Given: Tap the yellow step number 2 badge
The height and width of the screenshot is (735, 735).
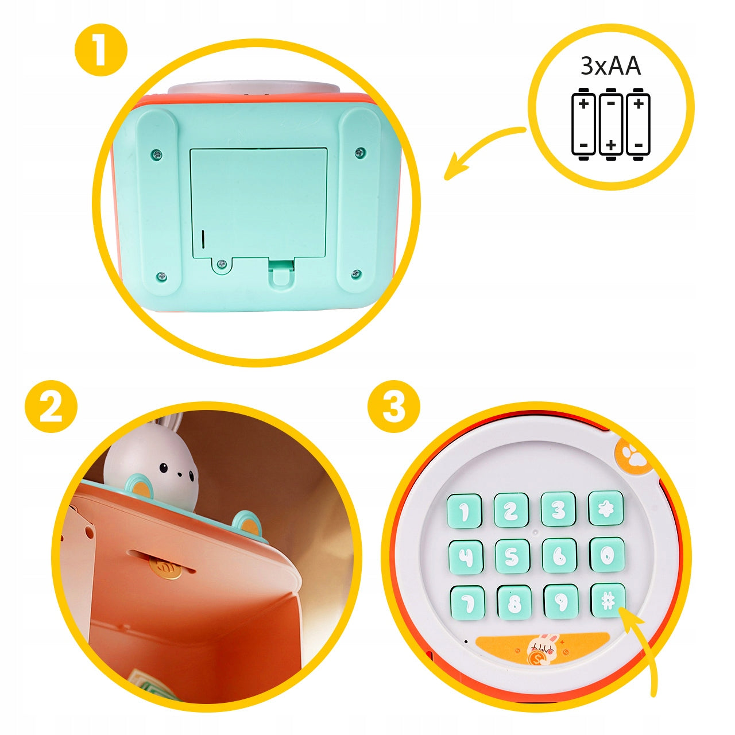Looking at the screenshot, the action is pyautogui.click(x=51, y=406).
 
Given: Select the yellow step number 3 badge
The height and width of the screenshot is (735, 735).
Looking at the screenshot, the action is pyautogui.click(x=394, y=406).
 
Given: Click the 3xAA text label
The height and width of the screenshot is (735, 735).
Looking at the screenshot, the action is pyautogui.click(x=610, y=65).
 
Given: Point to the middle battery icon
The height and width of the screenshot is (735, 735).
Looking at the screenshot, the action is pyautogui.click(x=611, y=125).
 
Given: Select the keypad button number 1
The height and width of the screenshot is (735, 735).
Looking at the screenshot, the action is pyautogui.click(x=464, y=512).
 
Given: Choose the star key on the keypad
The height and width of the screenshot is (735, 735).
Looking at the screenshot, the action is pyautogui.click(x=606, y=508).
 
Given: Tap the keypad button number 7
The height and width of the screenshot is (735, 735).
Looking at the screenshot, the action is pyautogui.click(x=467, y=604).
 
